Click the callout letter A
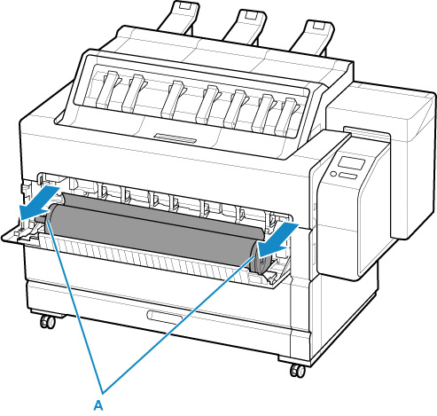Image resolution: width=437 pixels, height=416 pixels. [98, 405]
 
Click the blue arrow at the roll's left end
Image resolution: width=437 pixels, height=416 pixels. [38, 203]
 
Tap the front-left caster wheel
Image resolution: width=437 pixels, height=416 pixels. [48, 321]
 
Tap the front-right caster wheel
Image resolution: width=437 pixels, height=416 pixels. [298, 371]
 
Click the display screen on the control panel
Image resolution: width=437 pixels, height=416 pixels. [351, 163]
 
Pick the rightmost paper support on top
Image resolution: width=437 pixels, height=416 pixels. [312, 37]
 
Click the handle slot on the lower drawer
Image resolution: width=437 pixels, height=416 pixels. [165, 318]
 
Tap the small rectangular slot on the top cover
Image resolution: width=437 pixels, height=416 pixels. [175, 137]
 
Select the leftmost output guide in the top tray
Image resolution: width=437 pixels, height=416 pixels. [107, 90]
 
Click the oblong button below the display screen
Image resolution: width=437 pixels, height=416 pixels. [347, 176]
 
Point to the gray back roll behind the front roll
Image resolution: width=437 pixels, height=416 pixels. [162, 210]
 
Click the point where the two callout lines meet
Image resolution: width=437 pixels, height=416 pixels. [103, 393]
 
